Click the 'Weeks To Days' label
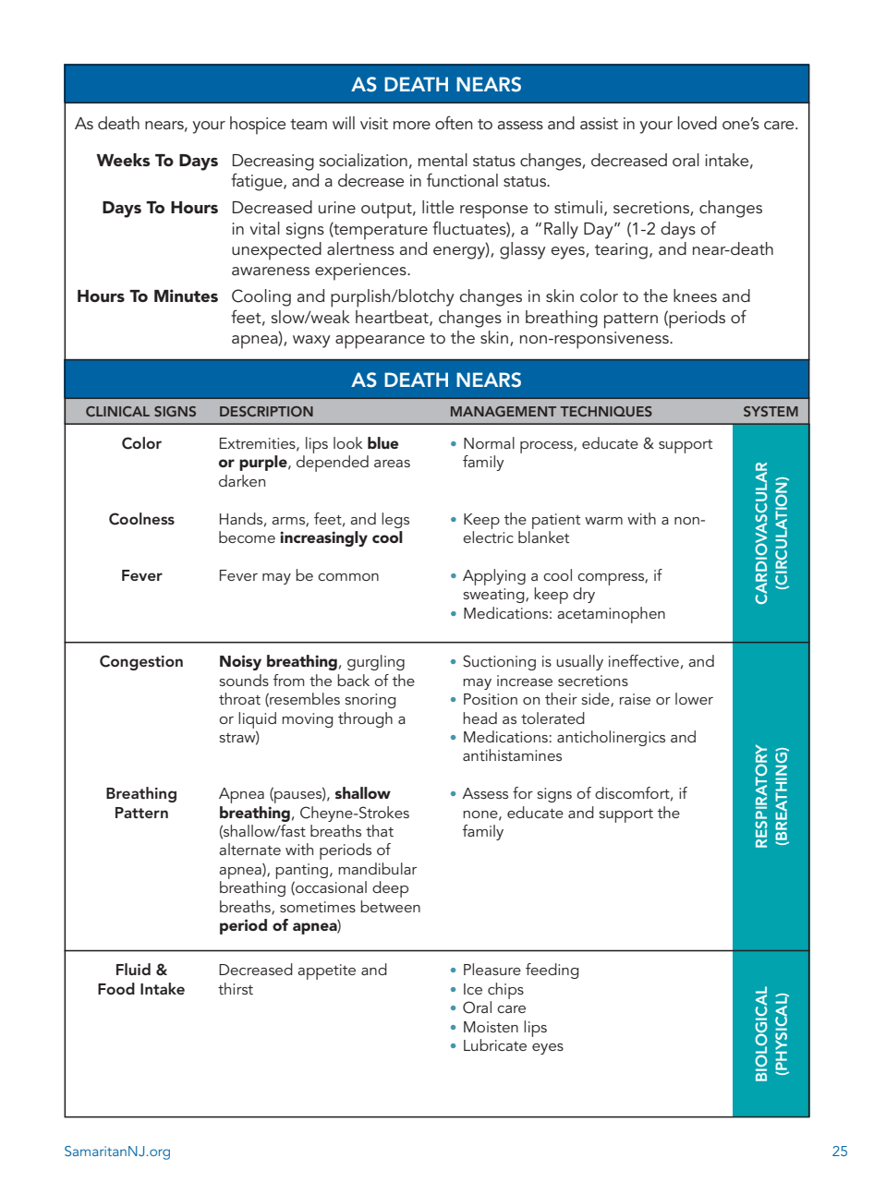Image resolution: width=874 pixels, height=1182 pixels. (157, 162)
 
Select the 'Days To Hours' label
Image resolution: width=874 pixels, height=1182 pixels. (160, 209)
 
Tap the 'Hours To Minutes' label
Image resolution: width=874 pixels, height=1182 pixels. (148, 297)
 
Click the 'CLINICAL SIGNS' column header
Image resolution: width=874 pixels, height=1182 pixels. (141, 412)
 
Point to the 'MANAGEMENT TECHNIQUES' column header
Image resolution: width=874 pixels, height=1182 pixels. (551, 412)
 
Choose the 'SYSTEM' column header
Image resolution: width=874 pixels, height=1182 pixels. (771, 412)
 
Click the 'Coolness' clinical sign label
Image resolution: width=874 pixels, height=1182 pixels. (141, 520)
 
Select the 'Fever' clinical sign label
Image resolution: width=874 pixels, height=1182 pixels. (141, 576)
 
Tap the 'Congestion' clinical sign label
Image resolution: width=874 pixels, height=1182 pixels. (141, 662)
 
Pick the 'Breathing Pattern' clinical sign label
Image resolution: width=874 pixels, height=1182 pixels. (141, 803)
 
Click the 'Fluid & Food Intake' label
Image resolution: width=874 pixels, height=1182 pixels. (141, 980)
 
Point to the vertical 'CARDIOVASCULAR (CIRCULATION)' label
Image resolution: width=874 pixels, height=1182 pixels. (771, 533)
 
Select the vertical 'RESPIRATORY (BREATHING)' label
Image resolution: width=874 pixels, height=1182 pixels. (771, 796)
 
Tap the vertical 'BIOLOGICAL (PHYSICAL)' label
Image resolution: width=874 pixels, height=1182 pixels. (771, 1033)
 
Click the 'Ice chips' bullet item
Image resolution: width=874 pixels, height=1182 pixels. (492, 990)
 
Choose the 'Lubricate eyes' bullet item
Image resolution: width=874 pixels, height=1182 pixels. (513, 1046)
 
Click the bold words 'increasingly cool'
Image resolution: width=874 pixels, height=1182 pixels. (341, 538)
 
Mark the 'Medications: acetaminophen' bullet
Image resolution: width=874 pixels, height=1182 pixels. (564, 614)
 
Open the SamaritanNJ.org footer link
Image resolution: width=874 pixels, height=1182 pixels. (117, 1152)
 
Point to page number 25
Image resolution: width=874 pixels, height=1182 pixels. (839, 1152)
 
